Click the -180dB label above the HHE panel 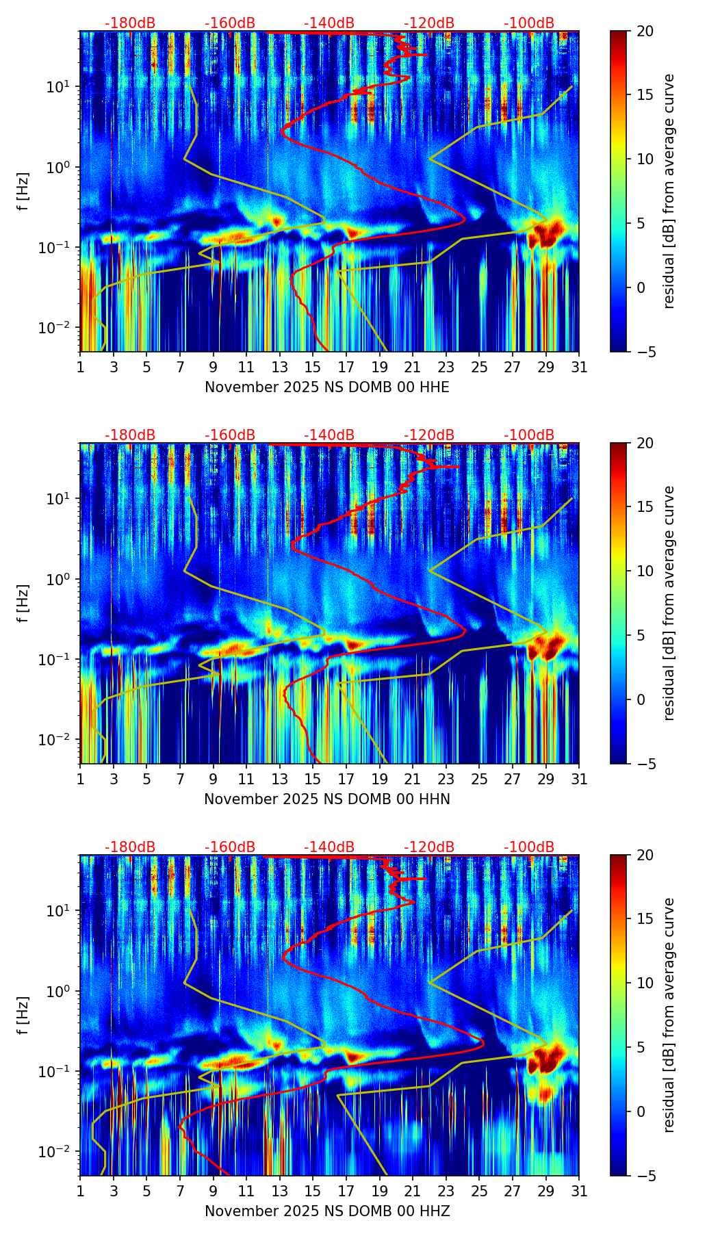coord(130,23)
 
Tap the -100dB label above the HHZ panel coord(529,847)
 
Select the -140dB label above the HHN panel coord(329,435)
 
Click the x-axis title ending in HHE coord(327,387)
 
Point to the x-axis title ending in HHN coord(327,799)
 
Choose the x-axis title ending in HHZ coord(327,1211)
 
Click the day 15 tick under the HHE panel coord(313,368)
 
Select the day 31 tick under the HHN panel coord(579,780)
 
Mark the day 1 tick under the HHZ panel coord(81,1192)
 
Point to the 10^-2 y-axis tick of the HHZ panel coord(60,1152)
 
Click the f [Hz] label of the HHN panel coord(23,603)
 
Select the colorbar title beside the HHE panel coord(669,191)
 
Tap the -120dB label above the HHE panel coord(429,23)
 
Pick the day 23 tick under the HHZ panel coord(446,1192)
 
